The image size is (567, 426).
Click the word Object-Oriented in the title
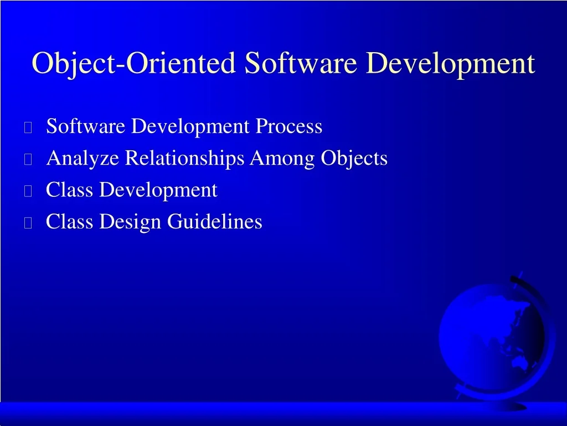click(134, 63)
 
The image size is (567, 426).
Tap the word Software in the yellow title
click(301, 63)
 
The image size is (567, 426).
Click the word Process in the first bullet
click(289, 126)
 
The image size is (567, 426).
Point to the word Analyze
click(83, 159)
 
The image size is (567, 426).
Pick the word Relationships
click(184, 159)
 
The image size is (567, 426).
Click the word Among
click(282, 159)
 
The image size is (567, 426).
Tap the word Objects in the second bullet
click(354, 159)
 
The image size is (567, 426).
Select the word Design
click(130, 222)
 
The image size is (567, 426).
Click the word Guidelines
click(215, 221)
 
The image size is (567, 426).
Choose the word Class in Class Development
click(69, 190)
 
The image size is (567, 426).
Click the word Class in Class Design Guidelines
click(69, 221)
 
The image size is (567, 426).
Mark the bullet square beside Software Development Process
click(28, 127)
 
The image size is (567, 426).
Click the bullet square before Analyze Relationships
click(28, 159)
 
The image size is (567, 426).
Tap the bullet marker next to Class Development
click(28, 191)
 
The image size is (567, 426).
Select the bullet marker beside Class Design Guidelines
click(28, 223)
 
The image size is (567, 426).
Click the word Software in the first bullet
click(86, 126)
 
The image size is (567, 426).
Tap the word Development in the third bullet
click(158, 190)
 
